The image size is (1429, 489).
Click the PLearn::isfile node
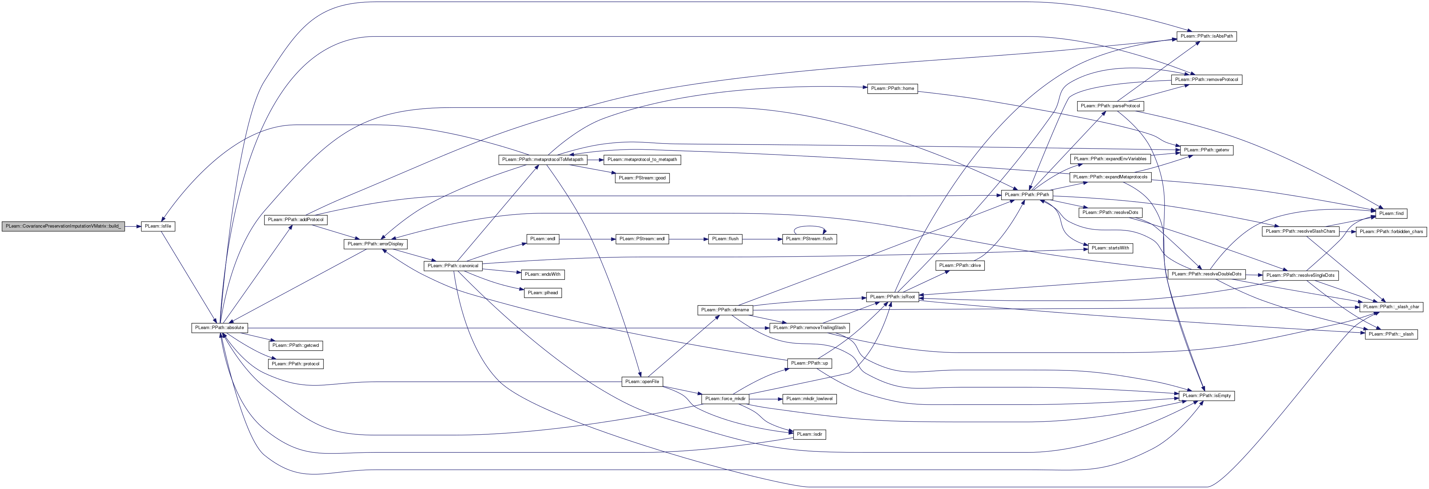tap(158, 226)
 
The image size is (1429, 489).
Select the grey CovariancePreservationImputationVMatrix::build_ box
tap(63, 226)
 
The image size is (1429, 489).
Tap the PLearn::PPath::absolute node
tap(220, 328)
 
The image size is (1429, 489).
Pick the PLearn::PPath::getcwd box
tap(296, 345)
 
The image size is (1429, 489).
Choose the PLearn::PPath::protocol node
tap(296, 364)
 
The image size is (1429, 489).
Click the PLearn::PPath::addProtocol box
tap(296, 219)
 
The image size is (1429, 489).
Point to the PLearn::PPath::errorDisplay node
tap(375, 244)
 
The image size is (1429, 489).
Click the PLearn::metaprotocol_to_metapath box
tap(643, 160)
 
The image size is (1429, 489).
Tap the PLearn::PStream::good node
tap(643, 178)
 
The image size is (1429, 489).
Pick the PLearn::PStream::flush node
tap(810, 239)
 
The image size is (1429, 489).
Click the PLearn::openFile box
tap(642, 382)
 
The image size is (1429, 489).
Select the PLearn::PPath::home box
tap(892, 89)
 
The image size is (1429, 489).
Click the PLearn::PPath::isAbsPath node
tap(1206, 36)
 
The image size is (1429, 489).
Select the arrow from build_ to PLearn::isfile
tap(133, 226)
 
